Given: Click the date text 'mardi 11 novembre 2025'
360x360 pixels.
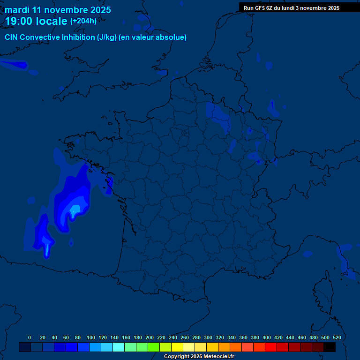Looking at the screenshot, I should pos(58,10).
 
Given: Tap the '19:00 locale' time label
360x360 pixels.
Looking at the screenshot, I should pos(36,21).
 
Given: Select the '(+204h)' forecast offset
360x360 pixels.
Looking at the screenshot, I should pos(83,21).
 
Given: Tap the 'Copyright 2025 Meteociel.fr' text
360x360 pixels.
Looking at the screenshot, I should pos(199,356).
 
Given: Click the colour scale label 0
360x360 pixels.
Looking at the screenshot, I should pos(30,337).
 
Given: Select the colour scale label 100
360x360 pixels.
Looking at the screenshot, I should pos(91,337).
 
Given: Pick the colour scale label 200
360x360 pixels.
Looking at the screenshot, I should pos(150,337).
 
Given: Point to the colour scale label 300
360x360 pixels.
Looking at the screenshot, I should pos(208,337).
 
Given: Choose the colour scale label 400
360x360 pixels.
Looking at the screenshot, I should pos(267,337).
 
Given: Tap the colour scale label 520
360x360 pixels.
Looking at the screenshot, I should pos(337,337).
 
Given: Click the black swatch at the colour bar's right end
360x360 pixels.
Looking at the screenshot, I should pos(330,347).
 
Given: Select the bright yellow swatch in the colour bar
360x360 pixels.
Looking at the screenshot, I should pos(177,347).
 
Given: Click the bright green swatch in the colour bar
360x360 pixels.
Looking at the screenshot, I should pos(154,347).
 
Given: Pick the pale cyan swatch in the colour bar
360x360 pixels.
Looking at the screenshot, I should pos(119,347).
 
